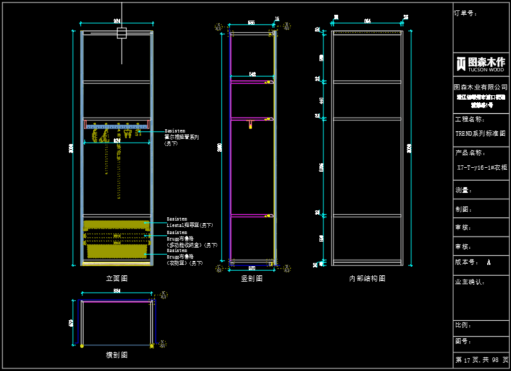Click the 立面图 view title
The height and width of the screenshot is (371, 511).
pos(116,278)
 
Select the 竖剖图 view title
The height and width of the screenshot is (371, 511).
pos(252,278)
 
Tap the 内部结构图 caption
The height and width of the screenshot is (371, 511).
pos(367,278)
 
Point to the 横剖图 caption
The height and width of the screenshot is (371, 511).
pos(116,354)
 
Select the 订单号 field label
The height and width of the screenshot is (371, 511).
pos(465,13)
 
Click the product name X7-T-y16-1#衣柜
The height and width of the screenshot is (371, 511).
pos(481,167)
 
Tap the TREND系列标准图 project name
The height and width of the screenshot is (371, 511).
pos(480,134)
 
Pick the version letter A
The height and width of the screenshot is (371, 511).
pos(489,262)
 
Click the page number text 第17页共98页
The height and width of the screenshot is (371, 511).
pos(481,360)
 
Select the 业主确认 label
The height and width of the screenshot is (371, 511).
pos(469,282)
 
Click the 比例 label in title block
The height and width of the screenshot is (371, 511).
pos(463,325)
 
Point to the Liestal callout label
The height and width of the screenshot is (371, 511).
pos(190,225)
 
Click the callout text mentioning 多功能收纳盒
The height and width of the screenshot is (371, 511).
pos(192,245)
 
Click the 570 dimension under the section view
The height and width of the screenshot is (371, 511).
pos(252,268)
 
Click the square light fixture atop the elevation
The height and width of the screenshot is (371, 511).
pos(121,33)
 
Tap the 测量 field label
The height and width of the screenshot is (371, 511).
pos(463,190)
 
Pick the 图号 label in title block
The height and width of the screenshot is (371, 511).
pos(463,341)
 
